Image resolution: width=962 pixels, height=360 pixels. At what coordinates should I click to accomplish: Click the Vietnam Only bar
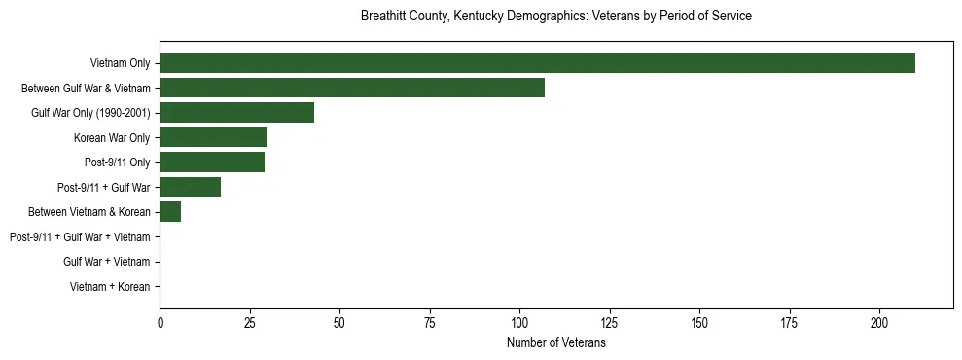(x=537, y=63)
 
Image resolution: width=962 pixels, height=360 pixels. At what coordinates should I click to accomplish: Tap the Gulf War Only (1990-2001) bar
(x=236, y=113)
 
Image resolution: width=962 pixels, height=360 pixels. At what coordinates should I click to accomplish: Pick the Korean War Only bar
(x=213, y=137)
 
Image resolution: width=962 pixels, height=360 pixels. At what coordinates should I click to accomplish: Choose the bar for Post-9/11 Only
(x=212, y=162)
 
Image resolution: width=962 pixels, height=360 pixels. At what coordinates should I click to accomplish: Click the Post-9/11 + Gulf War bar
(x=190, y=187)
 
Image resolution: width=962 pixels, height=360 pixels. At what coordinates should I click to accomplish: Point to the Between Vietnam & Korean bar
(x=170, y=212)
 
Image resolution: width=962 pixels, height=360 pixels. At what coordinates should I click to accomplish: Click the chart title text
(x=555, y=17)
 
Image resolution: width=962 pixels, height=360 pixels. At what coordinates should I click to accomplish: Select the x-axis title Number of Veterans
(x=555, y=343)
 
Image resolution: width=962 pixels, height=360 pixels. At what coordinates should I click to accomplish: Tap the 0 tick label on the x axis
(x=160, y=322)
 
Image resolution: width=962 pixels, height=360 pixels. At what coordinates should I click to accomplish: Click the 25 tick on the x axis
(x=249, y=322)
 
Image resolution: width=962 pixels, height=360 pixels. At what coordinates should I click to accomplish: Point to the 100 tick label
(x=519, y=322)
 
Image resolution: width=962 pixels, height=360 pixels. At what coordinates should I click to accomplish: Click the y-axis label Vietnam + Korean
(x=110, y=287)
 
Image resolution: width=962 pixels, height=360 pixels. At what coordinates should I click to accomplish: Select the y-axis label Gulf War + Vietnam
(x=106, y=262)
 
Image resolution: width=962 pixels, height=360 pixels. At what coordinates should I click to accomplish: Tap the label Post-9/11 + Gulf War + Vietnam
(x=80, y=237)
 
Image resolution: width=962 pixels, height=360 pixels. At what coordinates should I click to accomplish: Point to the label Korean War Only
(x=112, y=137)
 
